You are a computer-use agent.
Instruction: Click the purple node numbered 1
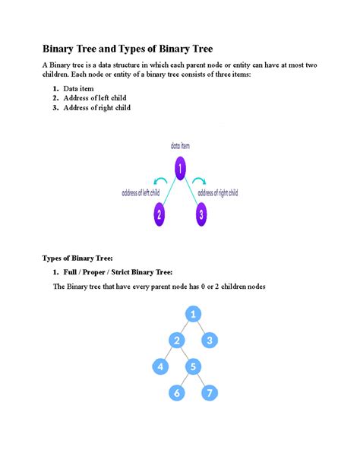(180, 167)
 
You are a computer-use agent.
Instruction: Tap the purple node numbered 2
(159, 214)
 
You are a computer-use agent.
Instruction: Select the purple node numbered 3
(201, 214)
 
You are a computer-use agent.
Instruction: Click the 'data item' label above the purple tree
(180, 144)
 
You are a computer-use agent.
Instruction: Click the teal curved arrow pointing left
(161, 181)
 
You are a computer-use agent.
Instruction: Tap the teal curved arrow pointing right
(199, 181)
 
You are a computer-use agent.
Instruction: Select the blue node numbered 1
(194, 314)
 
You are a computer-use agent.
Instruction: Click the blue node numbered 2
(175, 340)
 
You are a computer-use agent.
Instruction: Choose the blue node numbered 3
(211, 340)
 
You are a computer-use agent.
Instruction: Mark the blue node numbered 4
(159, 367)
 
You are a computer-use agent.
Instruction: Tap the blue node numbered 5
(194, 367)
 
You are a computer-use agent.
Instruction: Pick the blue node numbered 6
(176, 393)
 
